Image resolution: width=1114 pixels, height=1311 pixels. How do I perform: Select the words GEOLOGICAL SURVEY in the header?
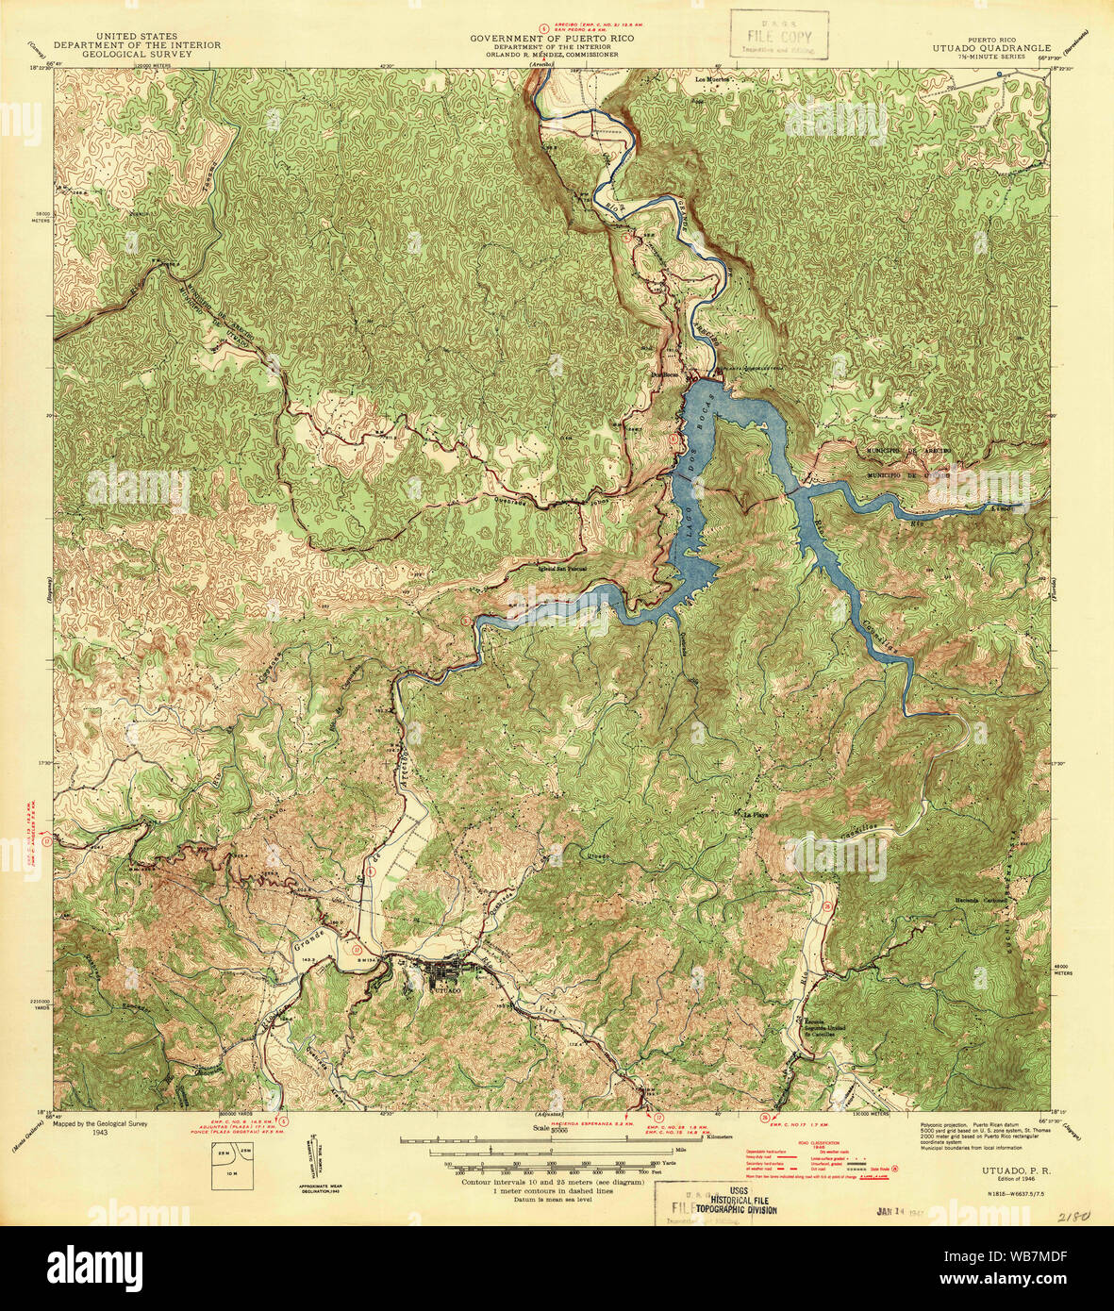[123, 55]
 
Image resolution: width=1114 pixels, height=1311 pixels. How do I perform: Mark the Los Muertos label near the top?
[713, 79]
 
